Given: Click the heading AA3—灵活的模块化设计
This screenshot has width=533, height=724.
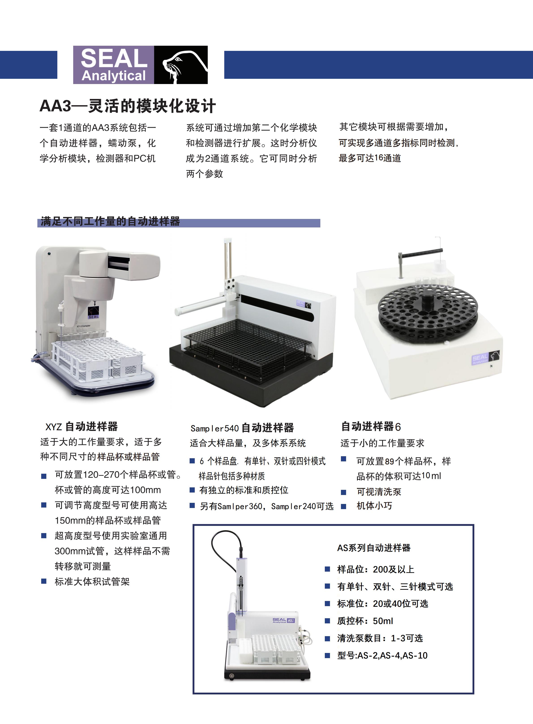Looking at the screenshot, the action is click(128, 106).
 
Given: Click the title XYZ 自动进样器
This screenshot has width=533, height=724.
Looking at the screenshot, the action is click(82, 427).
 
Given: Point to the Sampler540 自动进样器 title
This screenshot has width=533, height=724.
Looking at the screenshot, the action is click(242, 428).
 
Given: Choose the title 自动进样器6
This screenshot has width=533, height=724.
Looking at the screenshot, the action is click(371, 427).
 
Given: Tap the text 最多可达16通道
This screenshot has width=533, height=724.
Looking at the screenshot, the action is click(370, 158).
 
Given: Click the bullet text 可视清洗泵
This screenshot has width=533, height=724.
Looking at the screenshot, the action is click(379, 492).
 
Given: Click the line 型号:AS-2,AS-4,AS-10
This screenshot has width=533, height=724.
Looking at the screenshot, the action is click(382, 655).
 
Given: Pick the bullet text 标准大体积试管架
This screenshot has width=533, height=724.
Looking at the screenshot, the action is click(92, 581).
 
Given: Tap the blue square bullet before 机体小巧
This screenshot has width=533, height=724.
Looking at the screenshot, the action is click(344, 506).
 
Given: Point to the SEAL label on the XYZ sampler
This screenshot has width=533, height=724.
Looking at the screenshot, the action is click(94, 313).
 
